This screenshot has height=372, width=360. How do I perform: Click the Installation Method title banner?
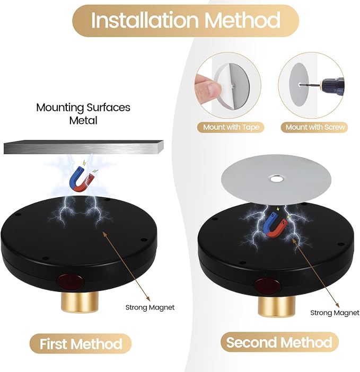(x=186, y=21)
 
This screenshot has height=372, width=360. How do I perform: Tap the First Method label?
(x=81, y=344)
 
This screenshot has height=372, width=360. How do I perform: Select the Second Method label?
(x=279, y=342)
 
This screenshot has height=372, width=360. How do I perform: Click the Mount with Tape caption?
(x=231, y=127)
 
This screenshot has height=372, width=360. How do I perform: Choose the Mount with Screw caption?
(x=315, y=127)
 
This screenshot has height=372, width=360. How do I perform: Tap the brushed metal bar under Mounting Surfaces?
(x=84, y=147)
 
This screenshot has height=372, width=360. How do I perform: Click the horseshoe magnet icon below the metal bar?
(x=82, y=180)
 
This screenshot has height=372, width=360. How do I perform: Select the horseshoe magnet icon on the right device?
(x=276, y=225)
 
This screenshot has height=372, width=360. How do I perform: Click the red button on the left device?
(x=71, y=281)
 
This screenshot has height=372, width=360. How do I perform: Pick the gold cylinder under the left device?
(x=78, y=302)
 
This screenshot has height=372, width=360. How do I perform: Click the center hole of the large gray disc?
(x=276, y=179)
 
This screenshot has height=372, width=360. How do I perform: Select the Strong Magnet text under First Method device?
(x=150, y=308)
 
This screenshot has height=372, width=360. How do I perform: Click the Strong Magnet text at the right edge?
(x=335, y=313)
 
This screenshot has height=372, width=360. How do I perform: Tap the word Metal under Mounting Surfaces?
(x=83, y=120)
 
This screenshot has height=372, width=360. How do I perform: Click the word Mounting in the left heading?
(x=60, y=108)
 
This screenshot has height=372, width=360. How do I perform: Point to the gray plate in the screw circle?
(x=299, y=85)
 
